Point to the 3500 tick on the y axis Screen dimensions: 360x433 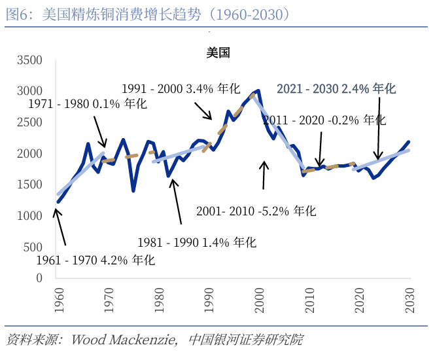(x=29, y=60)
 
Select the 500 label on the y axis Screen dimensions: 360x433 (x=33, y=247)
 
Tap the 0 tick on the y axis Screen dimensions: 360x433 (x=39, y=278)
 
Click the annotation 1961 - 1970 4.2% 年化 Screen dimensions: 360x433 (x=95, y=260)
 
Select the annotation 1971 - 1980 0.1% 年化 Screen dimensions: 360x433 (x=88, y=104)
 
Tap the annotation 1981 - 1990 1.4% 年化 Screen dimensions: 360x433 (x=196, y=242)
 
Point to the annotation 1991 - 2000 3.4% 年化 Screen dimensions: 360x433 (x=181, y=88)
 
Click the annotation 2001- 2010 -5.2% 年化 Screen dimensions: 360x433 (x=256, y=211)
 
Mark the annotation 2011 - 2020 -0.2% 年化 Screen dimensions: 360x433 (x=324, y=120)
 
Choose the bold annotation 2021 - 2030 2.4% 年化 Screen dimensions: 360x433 (x=336, y=88)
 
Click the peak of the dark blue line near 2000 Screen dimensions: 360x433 (x=258, y=91)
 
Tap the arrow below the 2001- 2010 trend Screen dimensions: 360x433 (x=264, y=175)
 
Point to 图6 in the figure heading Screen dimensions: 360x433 (x=18, y=14)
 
